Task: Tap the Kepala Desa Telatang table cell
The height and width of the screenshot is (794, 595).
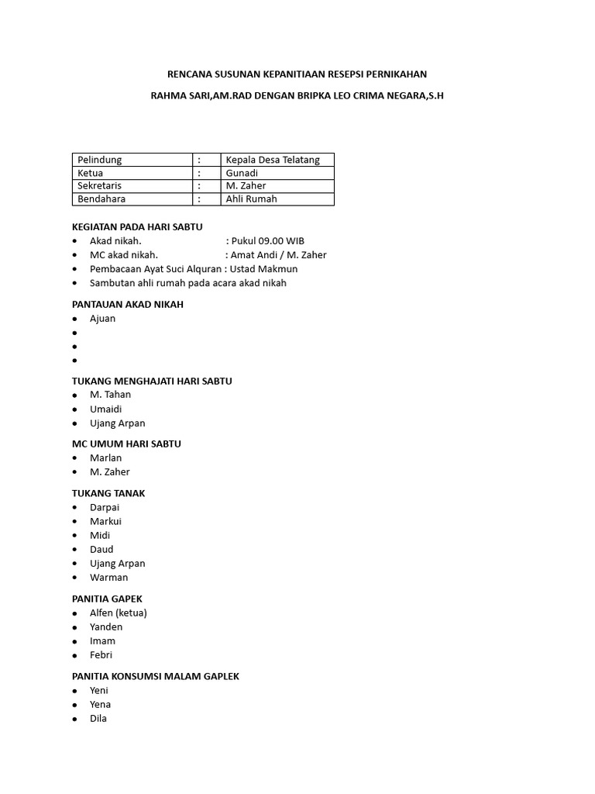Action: coord(267,160)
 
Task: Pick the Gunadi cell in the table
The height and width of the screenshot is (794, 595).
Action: coord(242,173)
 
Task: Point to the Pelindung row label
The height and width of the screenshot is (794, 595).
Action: coord(100,160)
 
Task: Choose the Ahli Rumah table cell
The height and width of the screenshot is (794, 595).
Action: coord(251,199)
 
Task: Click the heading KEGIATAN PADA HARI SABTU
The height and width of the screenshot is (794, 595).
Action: coord(137,227)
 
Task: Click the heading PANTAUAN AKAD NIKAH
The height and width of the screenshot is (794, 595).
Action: coord(128,305)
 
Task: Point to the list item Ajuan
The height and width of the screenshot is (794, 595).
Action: coord(102,319)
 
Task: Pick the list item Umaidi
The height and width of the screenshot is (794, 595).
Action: coord(105,409)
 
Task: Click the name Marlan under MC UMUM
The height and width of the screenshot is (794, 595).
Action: coord(105,458)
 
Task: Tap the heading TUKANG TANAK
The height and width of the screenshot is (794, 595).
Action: coord(108,493)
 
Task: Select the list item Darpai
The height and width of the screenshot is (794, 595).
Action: coord(105,507)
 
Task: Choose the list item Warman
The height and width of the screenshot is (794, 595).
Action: coord(108,578)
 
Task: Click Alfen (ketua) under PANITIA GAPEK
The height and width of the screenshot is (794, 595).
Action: coord(118,613)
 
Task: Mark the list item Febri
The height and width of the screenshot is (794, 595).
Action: coord(101,655)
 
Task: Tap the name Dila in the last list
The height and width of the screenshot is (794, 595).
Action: coord(98,719)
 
